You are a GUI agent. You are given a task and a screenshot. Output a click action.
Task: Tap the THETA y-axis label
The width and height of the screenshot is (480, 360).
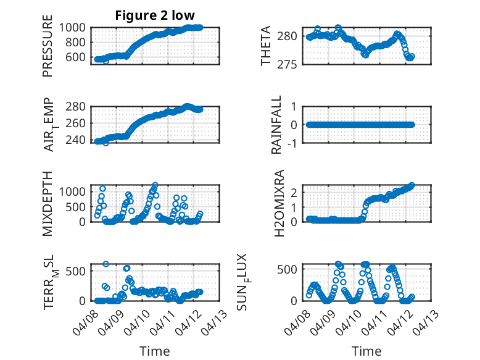pos(266,46)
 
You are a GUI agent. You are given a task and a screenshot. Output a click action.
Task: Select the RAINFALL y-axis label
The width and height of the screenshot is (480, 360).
pos(277,125)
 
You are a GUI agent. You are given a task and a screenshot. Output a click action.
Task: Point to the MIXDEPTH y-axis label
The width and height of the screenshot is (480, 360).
pos(48,203)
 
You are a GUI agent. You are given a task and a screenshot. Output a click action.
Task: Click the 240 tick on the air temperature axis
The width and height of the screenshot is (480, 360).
pos(78,140)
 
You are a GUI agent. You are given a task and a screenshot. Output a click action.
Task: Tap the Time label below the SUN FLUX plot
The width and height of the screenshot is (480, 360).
pos(366,351)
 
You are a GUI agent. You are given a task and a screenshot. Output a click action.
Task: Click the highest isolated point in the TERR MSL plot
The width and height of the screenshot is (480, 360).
pos(106,264)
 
